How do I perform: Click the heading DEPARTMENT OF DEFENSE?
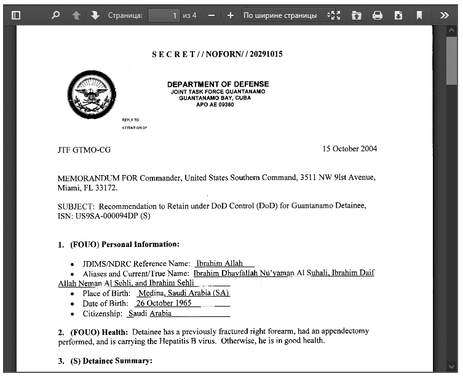[x=218, y=84]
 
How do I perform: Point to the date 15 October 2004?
[x=350, y=149]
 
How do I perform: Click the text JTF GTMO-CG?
[x=84, y=149]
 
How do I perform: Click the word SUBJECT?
[x=76, y=206]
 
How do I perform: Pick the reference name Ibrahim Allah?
[x=220, y=263]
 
